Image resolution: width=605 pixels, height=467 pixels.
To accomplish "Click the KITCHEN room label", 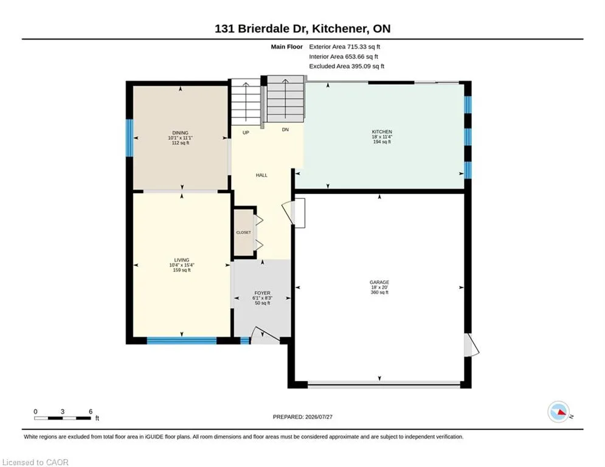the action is pos(382,132).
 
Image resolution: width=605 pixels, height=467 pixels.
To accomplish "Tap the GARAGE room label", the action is pos(379,283).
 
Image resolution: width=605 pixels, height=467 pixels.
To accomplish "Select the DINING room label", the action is pos(180,133).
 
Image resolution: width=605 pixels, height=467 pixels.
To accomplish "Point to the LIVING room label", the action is pos(182,260).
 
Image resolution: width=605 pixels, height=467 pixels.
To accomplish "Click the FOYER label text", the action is pos(263,293).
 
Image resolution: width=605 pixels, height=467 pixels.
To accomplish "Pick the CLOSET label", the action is pos(243,232).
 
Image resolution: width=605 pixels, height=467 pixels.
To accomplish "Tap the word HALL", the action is pos(261,175).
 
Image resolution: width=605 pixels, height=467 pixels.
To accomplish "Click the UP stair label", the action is pos(246,133).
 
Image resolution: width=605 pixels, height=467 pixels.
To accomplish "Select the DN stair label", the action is pos(285,130).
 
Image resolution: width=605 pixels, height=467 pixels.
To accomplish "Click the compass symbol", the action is pos(559,412).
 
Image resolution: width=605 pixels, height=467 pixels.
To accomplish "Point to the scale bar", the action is pos(63,418).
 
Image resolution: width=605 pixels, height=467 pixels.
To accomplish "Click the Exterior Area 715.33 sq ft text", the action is pos(345,47).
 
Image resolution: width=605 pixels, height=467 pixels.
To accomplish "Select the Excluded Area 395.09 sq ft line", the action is pos(347,66).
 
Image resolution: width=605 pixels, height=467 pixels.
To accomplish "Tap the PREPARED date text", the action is pos(303,417).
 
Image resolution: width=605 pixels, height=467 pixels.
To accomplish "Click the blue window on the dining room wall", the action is pos(130,138).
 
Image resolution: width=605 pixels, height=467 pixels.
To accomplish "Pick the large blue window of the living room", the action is pos(182,341).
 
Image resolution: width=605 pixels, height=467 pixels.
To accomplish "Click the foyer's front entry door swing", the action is pos(265,336).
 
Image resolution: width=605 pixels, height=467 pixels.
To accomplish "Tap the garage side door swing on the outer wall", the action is pos(471,345).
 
